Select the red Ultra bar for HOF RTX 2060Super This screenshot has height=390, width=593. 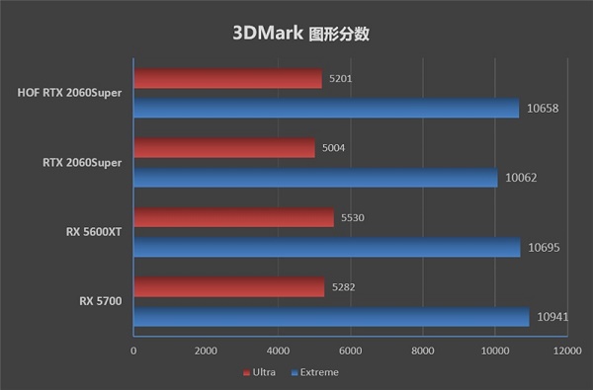pyautogui.click(x=227, y=79)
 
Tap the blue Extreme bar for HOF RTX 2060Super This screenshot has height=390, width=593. pyautogui.click(x=326, y=108)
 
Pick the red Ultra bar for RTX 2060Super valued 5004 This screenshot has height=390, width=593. pyautogui.click(x=223, y=148)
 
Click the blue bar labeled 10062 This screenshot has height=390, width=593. pyautogui.click(x=315, y=178)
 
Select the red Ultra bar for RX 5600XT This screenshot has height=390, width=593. pyautogui.click(x=233, y=217)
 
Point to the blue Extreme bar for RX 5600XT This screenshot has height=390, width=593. pyautogui.click(x=326, y=247)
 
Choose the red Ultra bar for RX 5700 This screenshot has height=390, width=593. pyautogui.click(x=228, y=286)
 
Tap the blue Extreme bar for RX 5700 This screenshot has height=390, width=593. pyautogui.click(x=331, y=316)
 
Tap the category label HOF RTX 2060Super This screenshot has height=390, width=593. pyautogui.click(x=69, y=94)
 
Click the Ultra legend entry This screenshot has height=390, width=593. pyautogui.click(x=259, y=372)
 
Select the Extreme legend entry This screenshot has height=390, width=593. pyautogui.click(x=316, y=372)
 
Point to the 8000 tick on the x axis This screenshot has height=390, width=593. pyautogui.click(x=422, y=350)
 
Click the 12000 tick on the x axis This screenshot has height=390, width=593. pyautogui.click(x=566, y=350)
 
